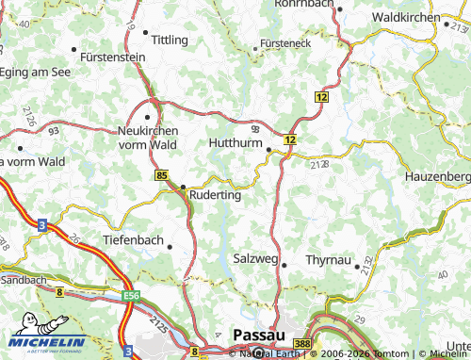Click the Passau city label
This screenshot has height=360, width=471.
coord(255,335)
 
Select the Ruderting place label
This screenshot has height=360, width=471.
coord(216,196)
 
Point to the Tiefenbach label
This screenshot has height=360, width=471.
coord(132,240)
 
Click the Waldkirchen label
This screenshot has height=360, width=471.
coord(406,18)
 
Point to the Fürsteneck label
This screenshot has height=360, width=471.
coord(285,44)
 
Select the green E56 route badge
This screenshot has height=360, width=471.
coord(131,296)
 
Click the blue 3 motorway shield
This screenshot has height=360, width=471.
coord(42,224)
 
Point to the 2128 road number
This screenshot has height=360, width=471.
coord(317,165)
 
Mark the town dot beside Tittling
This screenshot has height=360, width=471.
coord(146,32)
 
